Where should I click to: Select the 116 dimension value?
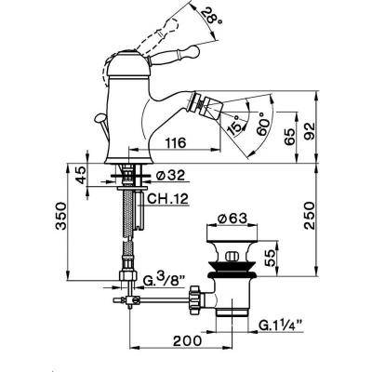pyautogui.click(x=176, y=143)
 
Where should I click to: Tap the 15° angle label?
pyautogui.click(x=234, y=125)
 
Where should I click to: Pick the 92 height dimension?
pyautogui.click(x=309, y=131)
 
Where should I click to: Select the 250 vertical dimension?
pyautogui.click(x=309, y=216)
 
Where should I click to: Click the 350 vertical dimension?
pyautogui.click(x=61, y=216)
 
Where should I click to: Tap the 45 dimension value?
pyautogui.click(x=82, y=176)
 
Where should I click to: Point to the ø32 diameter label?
pyautogui.click(x=170, y=176)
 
